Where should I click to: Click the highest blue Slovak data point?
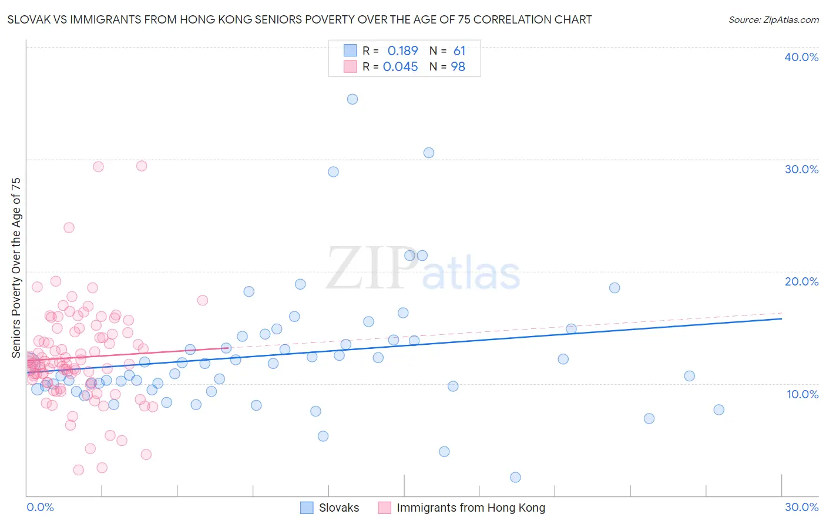(x=352, y=99)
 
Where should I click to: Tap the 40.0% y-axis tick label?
(x=801, y=57)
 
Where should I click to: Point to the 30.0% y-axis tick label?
(x=801, y=169)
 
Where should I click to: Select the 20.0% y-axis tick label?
(x=801, y=281)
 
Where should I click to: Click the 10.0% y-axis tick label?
(x=801, y=394)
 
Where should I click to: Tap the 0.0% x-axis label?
(x=40, y=507)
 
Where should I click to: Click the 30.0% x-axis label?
(x=801, y=507)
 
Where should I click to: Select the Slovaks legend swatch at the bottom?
(x=307, y=508)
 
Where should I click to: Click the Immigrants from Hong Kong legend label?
(x=471, y=508)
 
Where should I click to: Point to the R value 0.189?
(x=402, y=51)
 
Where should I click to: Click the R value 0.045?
(x=400, y=67)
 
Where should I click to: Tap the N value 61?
(x=459, y=51)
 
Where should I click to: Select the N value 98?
(x=458, y=67)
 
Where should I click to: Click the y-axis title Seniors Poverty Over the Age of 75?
(x=16, y=268)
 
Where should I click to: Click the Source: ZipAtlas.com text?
(x=773, y=19)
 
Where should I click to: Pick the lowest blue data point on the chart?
(x=515, y=477)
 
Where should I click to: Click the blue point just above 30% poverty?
(x=429, y=153)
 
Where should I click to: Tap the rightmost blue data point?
(x=718, y=410)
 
